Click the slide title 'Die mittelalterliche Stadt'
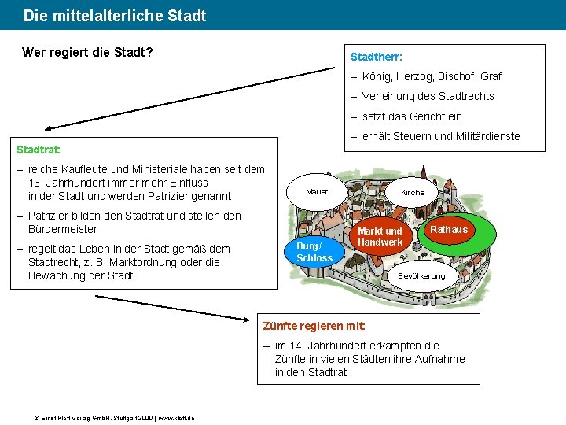(x=115, y=16)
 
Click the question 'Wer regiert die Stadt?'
(x=87, y=54)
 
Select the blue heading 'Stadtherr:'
(x=377, y=57)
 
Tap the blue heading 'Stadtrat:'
(x=39, y=149)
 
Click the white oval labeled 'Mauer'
(x=317, y=192)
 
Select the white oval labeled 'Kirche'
(x=413, y=193)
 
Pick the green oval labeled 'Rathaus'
(x=449, y=230)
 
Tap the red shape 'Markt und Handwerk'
(x=380, y=237)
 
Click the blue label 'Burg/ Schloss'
(x=314, y=252)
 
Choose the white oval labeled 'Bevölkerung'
(x=421, y=276)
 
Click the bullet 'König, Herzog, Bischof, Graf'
(x=432, y=77)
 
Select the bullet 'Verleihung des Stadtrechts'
(x=428, y=97)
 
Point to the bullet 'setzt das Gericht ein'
(x=412, y=116)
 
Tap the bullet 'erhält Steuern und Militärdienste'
(x=440, y=136)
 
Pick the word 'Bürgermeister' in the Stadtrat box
(x=63, y=229)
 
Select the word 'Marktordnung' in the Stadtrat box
(x=139, y=262)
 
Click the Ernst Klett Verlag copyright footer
(x=108, y=417)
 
